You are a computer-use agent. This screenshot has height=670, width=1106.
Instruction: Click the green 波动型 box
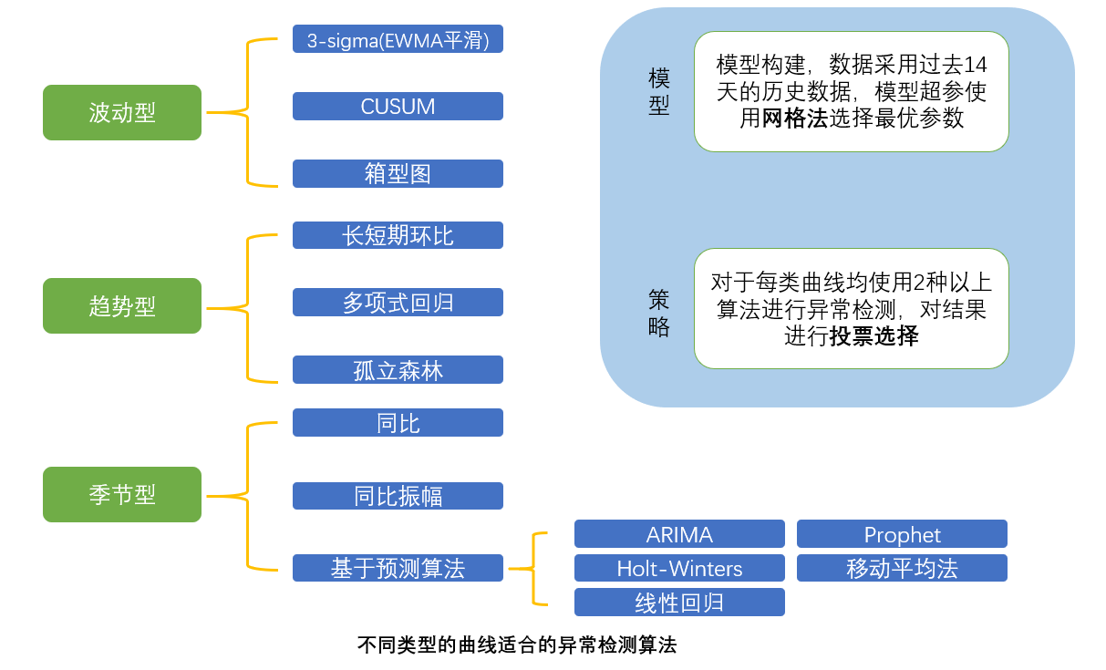click(122, 112)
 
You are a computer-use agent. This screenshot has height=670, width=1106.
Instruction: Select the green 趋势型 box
click(122, 305)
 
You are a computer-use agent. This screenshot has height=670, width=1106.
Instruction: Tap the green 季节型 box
click(122, 494)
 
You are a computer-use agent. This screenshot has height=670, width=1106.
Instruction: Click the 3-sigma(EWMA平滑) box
click(398, 39)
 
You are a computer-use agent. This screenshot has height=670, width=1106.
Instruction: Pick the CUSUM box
click(398, 107)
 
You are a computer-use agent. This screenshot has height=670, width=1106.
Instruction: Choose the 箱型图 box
click(398, 174)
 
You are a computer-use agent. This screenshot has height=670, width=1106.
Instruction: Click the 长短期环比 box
click(398, 235)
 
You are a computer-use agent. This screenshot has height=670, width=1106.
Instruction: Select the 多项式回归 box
click(398, 303)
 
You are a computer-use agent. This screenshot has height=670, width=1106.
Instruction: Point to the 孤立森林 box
click(398, 370)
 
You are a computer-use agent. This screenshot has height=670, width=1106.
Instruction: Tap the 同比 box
click(398, 423)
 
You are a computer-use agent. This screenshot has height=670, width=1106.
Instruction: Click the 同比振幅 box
click(398, 496)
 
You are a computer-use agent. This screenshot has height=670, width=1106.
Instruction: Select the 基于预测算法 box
click(398, 568)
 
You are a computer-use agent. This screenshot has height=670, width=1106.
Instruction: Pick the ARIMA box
click(679, 534)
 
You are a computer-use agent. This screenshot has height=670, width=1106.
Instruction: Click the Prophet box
click(902, 534)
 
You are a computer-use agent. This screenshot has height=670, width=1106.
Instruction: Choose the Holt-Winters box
click(679, 568)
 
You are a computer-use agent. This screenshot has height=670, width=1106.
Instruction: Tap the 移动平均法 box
click(902, 568)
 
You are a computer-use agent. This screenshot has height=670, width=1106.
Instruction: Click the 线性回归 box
click(679, 603)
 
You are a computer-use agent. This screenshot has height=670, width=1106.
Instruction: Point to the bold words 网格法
click(795, 119)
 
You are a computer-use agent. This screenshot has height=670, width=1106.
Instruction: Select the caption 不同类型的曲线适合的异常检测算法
click(517, 645)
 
